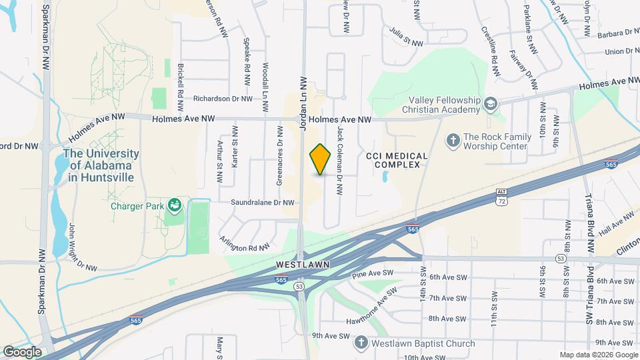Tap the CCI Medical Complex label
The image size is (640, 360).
(x=397, y=159)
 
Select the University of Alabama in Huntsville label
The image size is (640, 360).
(x=101, y=165)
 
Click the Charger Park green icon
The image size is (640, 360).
(x=175, y=205)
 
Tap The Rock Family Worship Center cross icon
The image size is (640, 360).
(x=453, y=139)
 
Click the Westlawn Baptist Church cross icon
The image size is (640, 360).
(x=361, y=343)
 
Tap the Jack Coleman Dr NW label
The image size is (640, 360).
(x=340, y=161)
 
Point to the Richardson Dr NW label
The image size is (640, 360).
(x=223, y=98)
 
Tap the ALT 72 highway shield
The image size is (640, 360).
(x=502, y=196)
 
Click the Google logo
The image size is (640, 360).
(x=21, y=351)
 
